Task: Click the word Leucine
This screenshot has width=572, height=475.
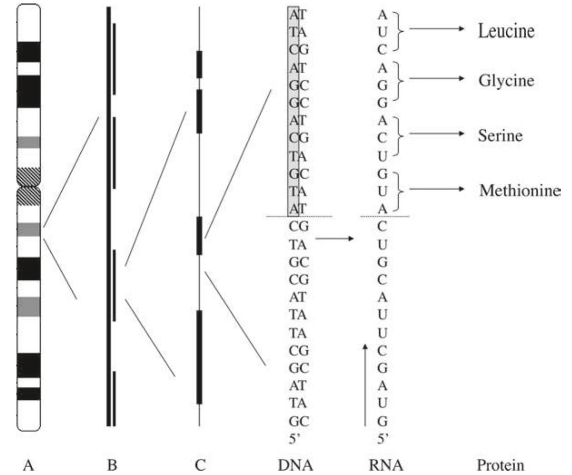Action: pos(506,31)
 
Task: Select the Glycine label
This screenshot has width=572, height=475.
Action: pos(506,81)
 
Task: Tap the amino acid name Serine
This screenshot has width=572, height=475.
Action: pos(500,135)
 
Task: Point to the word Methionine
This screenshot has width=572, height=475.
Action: pos(520,190)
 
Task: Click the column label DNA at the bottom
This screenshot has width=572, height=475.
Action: pos(295,465)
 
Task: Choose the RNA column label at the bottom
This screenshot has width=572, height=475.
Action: pos(386,465)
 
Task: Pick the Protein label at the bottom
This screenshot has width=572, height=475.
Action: pos(500,465)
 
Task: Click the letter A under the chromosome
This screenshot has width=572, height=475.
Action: pos(28,465)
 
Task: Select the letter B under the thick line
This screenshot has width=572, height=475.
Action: pos(112,465)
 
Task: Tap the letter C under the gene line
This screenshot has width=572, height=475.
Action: pos(200,465)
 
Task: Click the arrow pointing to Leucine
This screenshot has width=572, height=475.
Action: pos(436,29)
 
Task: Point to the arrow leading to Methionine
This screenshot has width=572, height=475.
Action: pos(436,189)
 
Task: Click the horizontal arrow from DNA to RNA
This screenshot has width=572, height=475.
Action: pos(334,238)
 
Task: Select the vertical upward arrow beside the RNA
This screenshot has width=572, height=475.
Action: pos(365,386)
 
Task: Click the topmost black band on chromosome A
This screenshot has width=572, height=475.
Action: pos(29,52)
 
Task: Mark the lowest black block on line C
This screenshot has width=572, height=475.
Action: pos(199,357)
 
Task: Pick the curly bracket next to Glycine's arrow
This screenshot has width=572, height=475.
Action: pos(399,81)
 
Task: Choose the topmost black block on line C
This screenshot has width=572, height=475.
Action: pos(199,64)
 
